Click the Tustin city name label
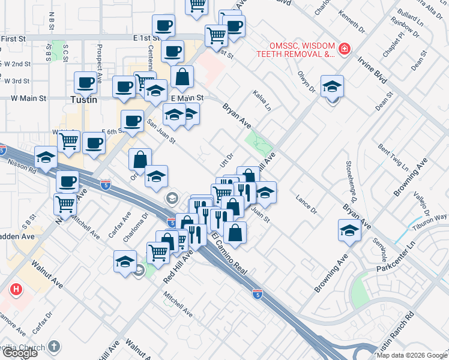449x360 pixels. (83, 100)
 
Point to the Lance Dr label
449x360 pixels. (306, 204)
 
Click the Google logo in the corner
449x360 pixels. (19, 353)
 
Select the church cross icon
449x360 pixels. (55, 346)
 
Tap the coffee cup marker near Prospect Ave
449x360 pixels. (86, 83)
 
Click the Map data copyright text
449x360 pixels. (412, 355)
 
